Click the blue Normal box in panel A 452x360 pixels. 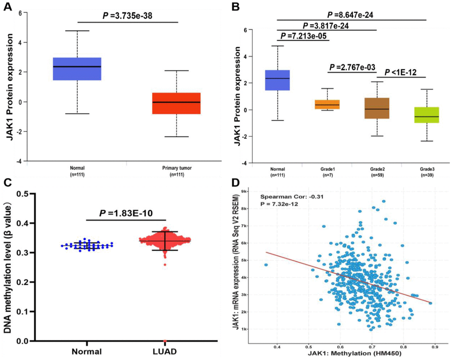click(x=77, y=69)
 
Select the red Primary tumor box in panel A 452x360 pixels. click(x=176, y=103)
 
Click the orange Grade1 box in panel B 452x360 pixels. click(x=327, y=104)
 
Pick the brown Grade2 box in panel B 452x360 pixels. click(x=376, y=108)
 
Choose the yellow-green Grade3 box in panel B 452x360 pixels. click(x=426, y=115)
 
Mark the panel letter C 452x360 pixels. click(x=6, y=182)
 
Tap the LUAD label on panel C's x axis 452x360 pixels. click(x=164, y=352)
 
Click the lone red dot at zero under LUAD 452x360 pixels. click(x=165, y=341)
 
